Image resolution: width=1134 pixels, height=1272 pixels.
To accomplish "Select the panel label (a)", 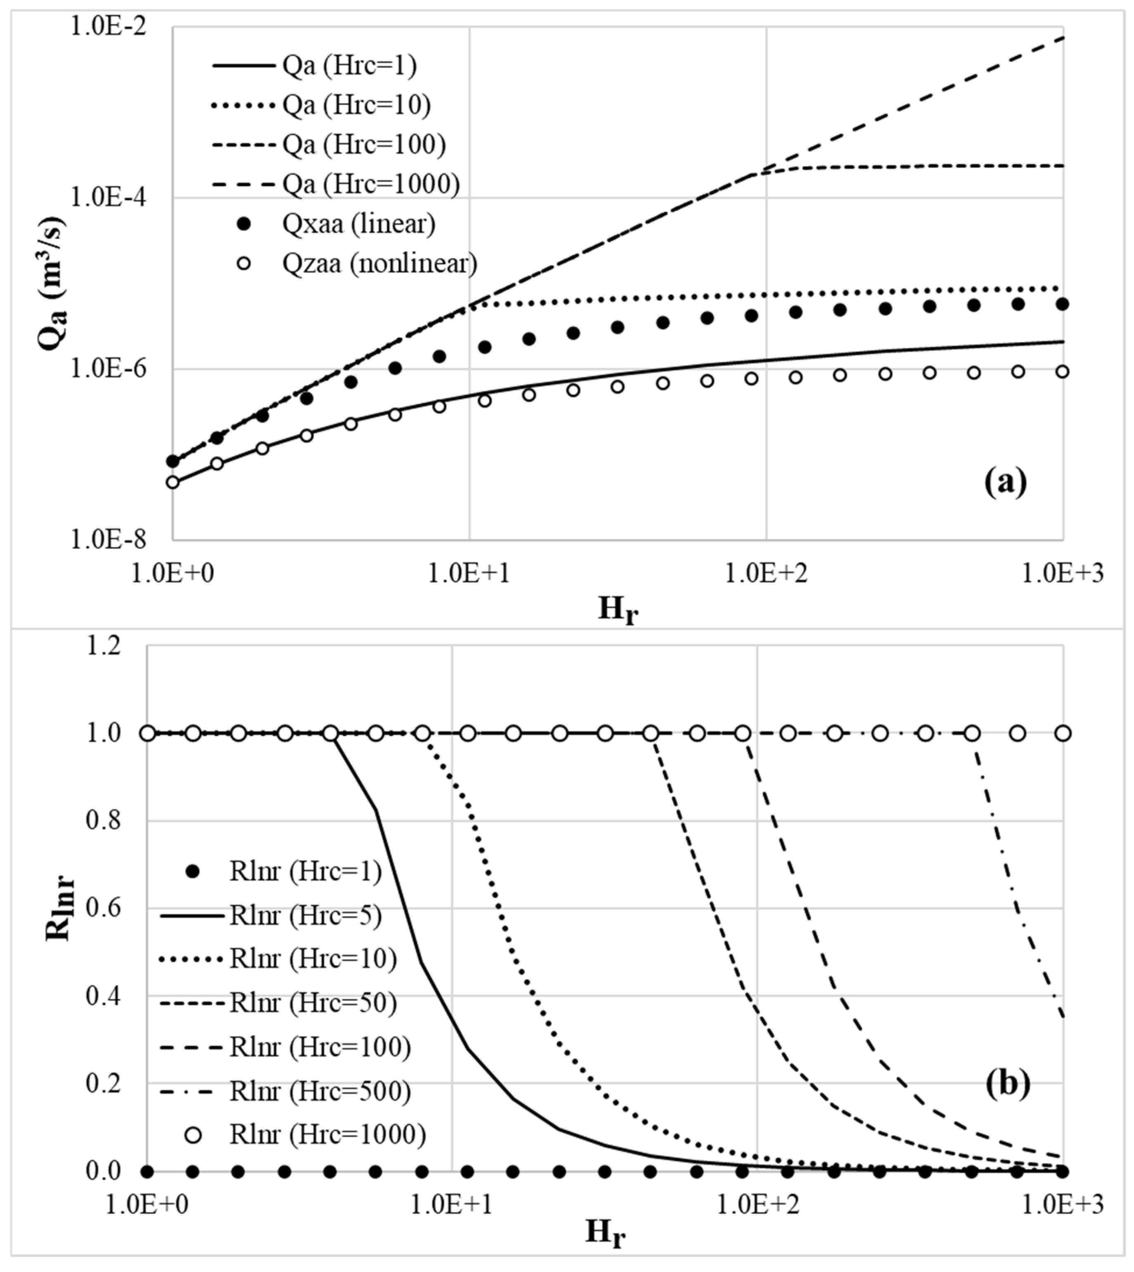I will pyautogui.click(x=1004, y=483).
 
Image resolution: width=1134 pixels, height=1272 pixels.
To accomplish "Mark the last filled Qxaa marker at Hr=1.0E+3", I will pyautogui.click(x=1062, y=304).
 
